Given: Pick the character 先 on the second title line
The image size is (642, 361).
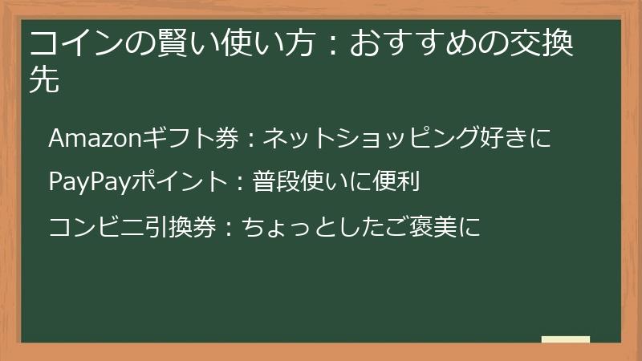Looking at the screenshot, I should [x=44, y=80].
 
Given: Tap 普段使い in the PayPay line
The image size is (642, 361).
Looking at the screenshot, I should [x=296, y=182].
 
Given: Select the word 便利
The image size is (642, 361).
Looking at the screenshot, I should [x=399, y=182].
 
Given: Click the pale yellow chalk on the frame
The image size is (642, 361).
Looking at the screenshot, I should [x=565, y=339].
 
